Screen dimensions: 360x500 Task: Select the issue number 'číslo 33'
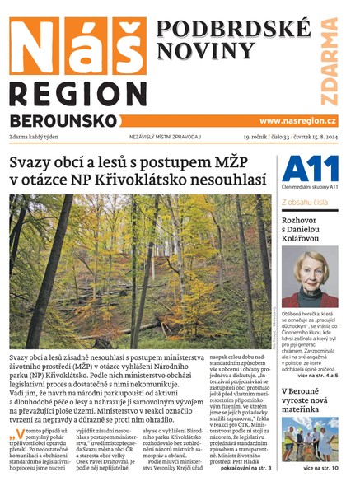click(275, 137)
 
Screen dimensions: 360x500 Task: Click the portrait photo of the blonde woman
click(309, 277)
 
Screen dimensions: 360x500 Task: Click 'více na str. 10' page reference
click(331, 469)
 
